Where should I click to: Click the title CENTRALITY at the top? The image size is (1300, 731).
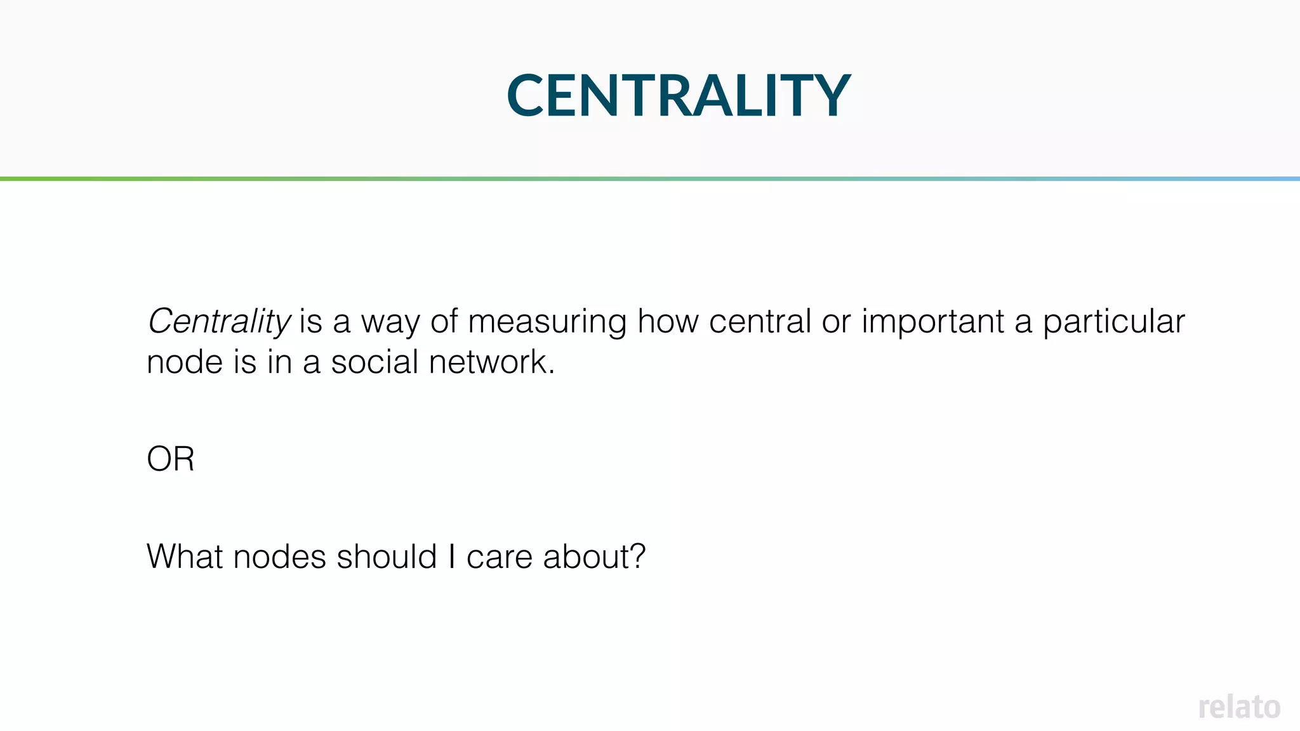pyautogui.click(x=678, y=95)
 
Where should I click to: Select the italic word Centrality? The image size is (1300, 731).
pyautogui.click(x=219, y=321)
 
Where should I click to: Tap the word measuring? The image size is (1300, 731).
pyautogui.click(x=547, y=322)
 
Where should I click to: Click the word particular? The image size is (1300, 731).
pyautogui.click(x=1113, y=322)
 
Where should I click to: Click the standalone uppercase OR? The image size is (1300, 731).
pyautogui.click(x=170, y=459)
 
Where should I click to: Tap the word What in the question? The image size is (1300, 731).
pyautogui.click(x=185, y=556)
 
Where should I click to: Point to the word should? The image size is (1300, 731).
pyautogui.click(x=387, y=556)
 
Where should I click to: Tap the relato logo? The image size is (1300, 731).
pyautogui.click(x=1238, y=707)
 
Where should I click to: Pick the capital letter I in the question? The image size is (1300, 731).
pyautogui.click(x=451, y=556)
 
